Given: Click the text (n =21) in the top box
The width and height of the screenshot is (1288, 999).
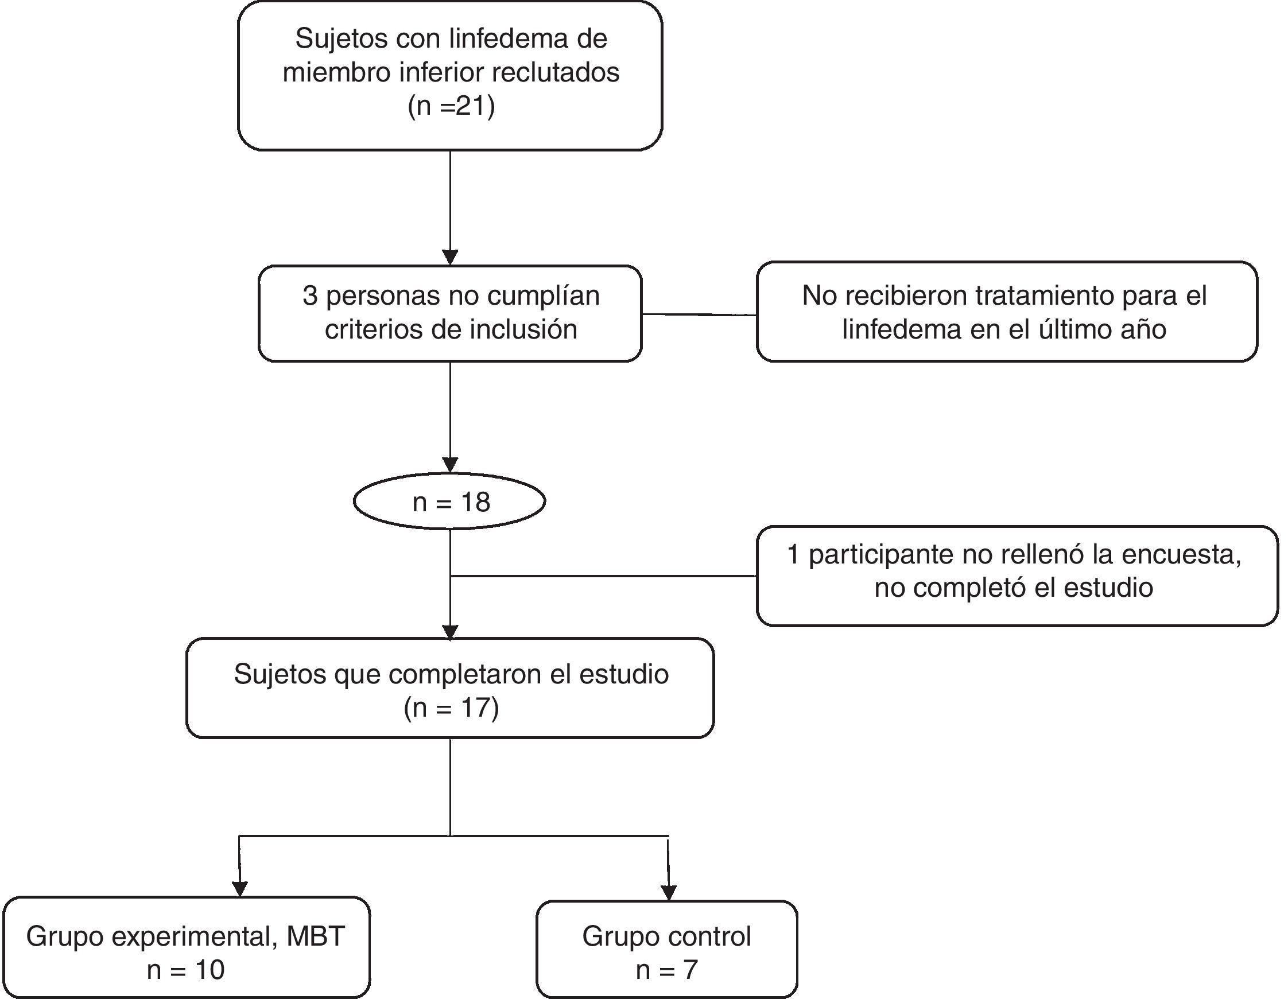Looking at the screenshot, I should (451, 107).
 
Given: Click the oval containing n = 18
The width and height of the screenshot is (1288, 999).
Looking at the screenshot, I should (450, 502).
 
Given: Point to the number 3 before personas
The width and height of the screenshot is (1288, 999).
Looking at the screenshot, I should (310, 296).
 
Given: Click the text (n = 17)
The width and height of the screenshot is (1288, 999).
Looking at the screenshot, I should (451, 707).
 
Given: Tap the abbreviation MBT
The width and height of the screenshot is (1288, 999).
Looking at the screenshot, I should (316, 936).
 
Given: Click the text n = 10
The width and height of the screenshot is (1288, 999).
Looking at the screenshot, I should (186, 970).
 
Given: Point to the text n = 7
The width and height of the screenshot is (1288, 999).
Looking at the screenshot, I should (666, 970).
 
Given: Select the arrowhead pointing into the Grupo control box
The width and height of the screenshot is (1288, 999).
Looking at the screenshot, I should (668, 892).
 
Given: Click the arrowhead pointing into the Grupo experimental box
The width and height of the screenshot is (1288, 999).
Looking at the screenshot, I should (239, 888).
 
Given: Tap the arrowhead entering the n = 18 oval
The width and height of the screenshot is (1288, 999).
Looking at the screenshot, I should (450, 465).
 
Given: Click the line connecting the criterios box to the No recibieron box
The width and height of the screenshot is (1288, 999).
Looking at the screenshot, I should (699, 314).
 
